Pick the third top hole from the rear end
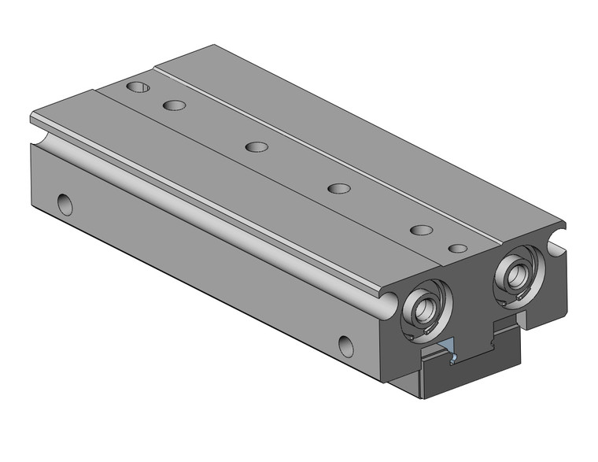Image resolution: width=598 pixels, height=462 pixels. coord(256,146)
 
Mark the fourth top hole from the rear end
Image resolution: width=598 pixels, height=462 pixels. coord(338,188)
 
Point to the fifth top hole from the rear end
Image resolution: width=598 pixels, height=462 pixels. coord(422,230)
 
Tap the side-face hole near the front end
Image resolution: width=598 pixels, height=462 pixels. coord(345,343)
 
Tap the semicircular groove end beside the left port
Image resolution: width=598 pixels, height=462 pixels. coord(387,301)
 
